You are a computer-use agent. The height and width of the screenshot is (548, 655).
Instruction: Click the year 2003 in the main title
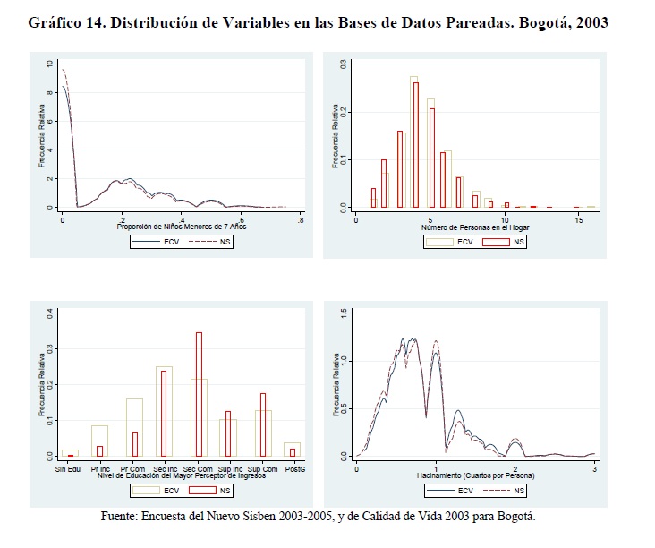tap(589, 22)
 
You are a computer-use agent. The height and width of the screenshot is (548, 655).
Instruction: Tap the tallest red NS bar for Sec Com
tap(199, 394)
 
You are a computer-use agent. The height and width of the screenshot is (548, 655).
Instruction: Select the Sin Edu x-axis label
tap(68, 468)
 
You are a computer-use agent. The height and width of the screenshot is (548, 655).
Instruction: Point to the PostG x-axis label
tap(293, 468)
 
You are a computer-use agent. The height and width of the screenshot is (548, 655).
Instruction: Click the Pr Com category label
tap(134, 468)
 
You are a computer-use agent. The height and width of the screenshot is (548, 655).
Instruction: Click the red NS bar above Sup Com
tap(262, 424)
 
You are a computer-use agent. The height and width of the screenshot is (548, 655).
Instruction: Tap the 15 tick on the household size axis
tap(579, 218)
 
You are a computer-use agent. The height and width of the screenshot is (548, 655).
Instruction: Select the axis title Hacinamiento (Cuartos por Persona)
tap(476, 476)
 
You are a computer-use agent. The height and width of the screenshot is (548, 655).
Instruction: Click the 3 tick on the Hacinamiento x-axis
tap(595, 468)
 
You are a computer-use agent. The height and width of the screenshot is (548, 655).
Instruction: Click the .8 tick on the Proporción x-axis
tap(301, 218)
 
